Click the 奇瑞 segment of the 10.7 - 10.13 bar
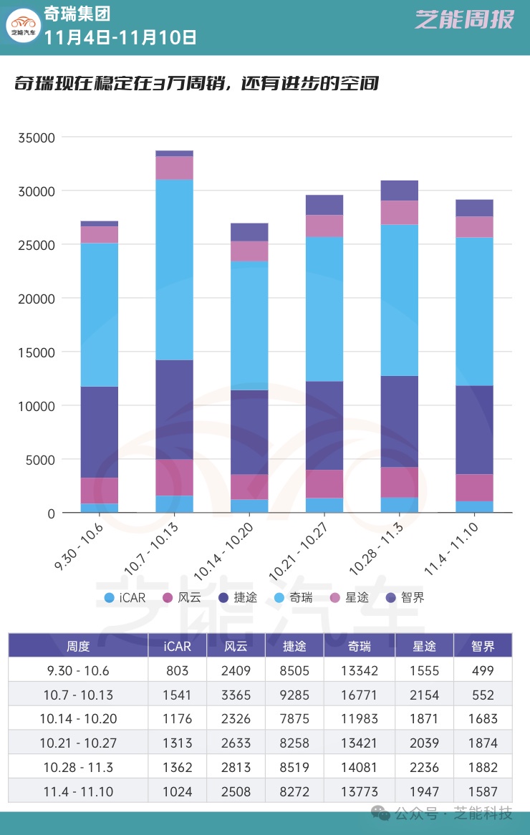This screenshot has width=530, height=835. pos(175,269)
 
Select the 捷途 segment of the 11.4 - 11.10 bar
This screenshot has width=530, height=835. pos(474,430)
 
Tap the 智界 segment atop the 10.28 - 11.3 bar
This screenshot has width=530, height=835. pos(400,190)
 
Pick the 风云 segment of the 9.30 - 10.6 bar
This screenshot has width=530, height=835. pos(100,491)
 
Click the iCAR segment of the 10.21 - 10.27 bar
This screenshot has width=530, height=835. pos(324,506)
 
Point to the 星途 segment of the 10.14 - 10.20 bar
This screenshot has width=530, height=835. pos(249,251)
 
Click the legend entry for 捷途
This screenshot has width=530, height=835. pos(239,597)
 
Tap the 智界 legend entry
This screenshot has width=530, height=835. pos(405,597)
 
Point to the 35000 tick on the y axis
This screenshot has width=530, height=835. pos(37,137)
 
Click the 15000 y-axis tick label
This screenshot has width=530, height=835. pos(37,352)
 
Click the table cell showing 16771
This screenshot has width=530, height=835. pos(360,695)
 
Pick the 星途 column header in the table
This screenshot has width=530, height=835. pos(424,646)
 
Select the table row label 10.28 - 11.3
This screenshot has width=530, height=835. pos(78,767)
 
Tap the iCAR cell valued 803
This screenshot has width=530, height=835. pos(177,670)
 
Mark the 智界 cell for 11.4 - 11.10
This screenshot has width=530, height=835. pos(483,791)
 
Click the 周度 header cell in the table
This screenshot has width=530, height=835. pos(78,646)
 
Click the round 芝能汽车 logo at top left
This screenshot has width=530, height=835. pos(24,27)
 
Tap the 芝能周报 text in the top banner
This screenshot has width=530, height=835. pos(464,20)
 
